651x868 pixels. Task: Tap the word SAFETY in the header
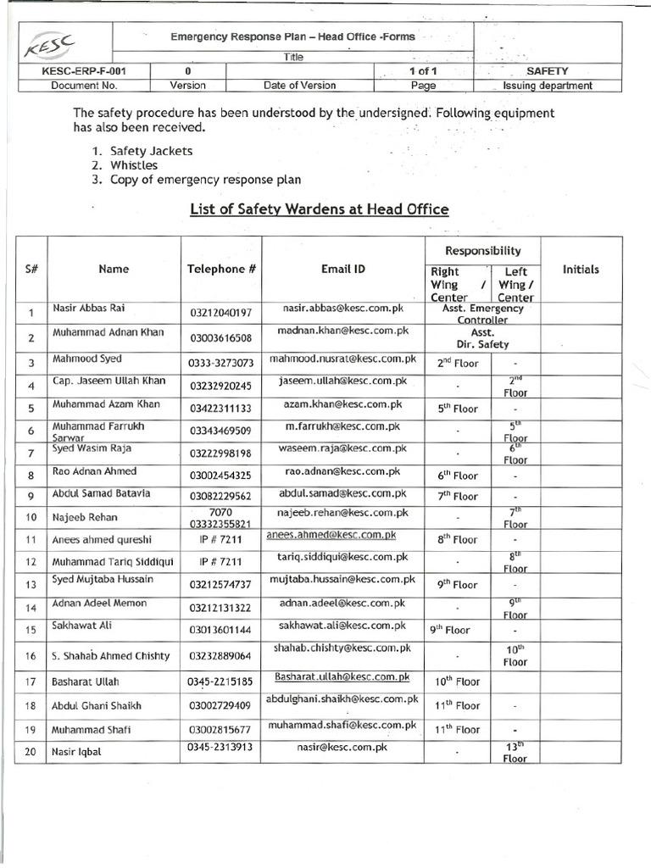click(548, 72)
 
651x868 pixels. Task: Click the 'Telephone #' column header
click(221, 270)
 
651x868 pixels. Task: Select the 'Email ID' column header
click(343, 269)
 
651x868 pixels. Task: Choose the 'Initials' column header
click(581, 270)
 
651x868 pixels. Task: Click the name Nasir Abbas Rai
click(89, 308)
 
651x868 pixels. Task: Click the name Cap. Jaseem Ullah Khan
click(108, 381)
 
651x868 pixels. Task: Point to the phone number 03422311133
click(221, 409)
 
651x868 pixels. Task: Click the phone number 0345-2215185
click(221, 681)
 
